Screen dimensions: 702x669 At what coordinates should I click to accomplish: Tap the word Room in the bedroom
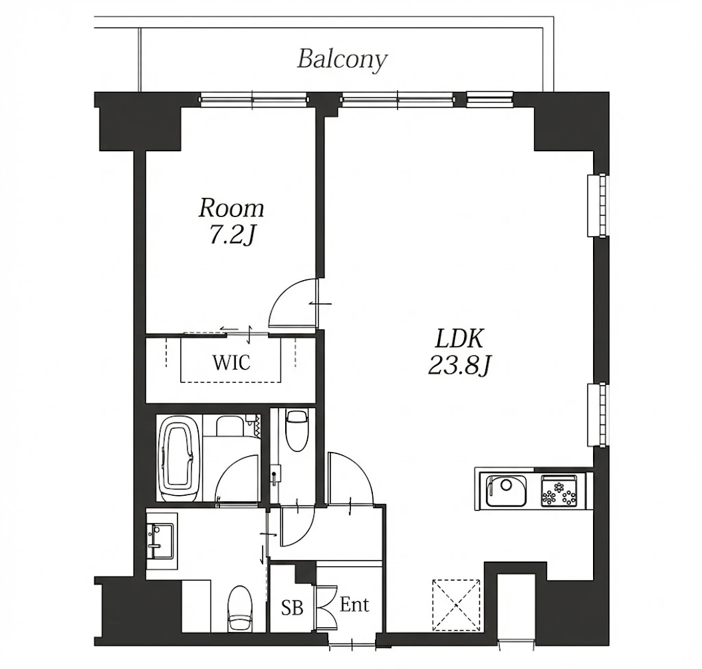pyautogui.click(x=232, y=208)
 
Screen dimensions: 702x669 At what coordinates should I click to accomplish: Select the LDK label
pyautogui.click(x=459, y=339)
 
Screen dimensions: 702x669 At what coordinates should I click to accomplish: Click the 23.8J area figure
pyautogui.click(x=460, y=366)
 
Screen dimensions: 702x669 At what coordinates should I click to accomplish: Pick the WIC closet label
pyautogui.click(x=231, y=363)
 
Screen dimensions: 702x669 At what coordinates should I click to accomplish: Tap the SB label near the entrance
pyautogui.click(x=292, y=608)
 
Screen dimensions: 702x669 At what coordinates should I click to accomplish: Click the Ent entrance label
pyautogui.click(x=354, y=605)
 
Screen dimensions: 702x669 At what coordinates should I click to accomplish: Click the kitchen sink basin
pyautogui.click(x=507, y=490)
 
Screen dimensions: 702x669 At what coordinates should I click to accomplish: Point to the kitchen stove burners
pyautogui.click(x=559, y=491)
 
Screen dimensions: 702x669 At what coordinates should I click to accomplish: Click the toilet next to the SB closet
pyautogui.click(x=241, y=609)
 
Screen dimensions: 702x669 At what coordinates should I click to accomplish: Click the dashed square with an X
pyautogui.click(x=456, y=605)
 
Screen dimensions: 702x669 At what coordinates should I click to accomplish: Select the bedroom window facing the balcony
pyautogui.click(x=254, y=99)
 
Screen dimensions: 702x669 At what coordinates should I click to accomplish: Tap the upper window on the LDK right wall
pyautogui.click(x=598, y=205)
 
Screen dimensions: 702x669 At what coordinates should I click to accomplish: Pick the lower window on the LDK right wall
pyautogui.click(x=598, y=414)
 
